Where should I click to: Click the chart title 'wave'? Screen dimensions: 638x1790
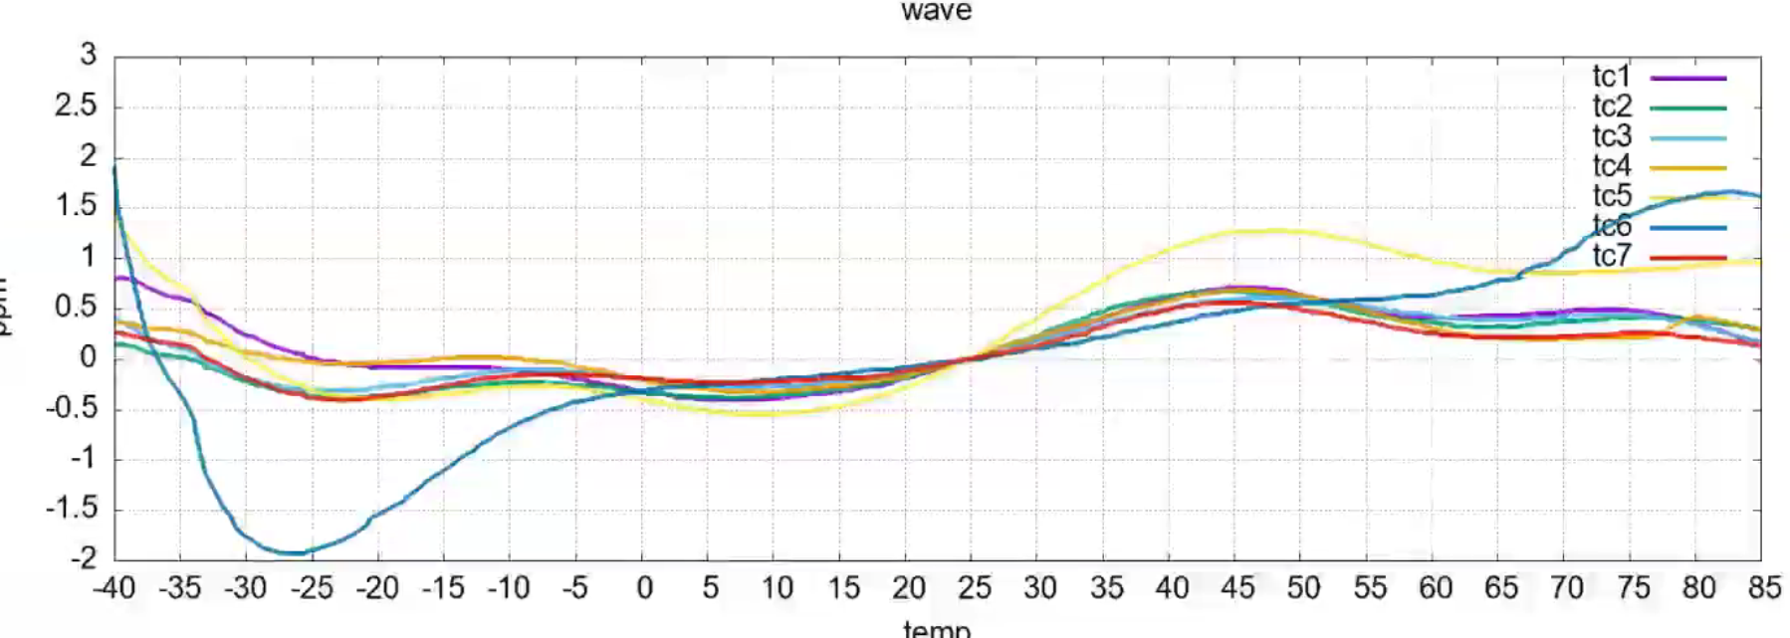tap(936, 11)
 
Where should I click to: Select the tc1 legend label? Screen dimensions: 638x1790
tap(1611, 77)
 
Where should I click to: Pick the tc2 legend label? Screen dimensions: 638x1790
tap(1611, 106)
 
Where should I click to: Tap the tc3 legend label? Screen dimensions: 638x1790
tap(1611, 136)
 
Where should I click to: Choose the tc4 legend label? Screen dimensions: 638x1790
tap(1611, 166)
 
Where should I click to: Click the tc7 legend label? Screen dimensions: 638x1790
tap(1611, 257)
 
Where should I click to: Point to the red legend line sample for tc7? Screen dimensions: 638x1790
tap(1687, 258)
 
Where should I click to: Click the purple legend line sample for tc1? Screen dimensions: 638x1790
tap(1687, 78)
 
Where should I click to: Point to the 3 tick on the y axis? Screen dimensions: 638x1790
tap(89, 56)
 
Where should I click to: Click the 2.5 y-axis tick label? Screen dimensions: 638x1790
tap(76, 106)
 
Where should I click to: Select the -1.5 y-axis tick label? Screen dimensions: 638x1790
tap(72, 509)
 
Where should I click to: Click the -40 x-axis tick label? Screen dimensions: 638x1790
tap(114, 589)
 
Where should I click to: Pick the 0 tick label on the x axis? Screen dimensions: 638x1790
tap(644, 589)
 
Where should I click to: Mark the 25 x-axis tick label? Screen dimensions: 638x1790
tap(974, 589)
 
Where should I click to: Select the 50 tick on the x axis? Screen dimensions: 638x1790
tap(1303, 589)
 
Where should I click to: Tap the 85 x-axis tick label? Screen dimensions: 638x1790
tap(1764, 589)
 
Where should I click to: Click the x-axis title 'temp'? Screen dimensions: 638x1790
tap(936, 628)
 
